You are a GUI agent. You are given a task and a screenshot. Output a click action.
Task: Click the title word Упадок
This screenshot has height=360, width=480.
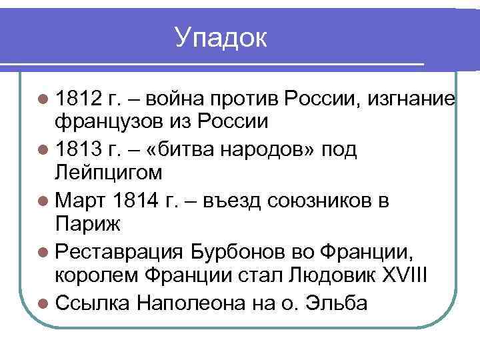221,37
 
